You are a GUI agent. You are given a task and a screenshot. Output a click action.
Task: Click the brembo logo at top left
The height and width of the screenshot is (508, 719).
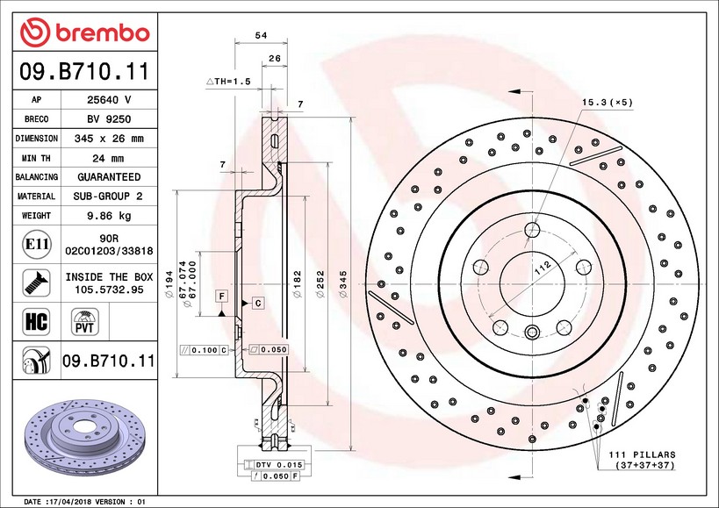[85, 32]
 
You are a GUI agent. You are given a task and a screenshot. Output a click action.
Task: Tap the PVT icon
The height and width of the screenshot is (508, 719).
[85, 321]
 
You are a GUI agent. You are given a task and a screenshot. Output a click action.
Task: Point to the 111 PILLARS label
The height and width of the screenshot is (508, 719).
[643, 454]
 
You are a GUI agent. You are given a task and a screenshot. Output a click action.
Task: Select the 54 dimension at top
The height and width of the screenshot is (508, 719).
[260, 35]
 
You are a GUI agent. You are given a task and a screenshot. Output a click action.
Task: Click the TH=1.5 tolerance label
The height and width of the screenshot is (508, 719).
[229, 81]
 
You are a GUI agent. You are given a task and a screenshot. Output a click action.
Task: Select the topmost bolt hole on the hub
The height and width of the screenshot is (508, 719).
[532, 230]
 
